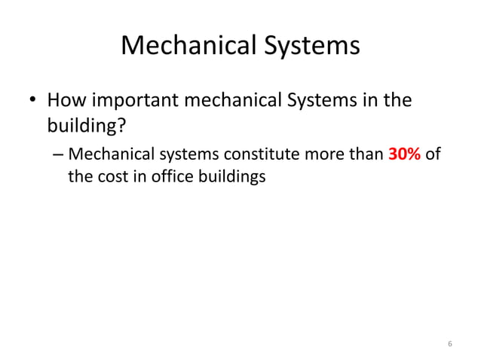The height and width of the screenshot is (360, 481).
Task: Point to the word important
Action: coord(146,99)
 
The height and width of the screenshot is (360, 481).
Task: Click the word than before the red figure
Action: coord(366,156)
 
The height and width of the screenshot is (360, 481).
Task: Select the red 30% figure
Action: coord(404,156)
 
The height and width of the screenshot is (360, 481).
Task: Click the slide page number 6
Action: coord(449,344)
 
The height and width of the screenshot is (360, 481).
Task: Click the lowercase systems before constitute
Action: coord(182,156)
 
